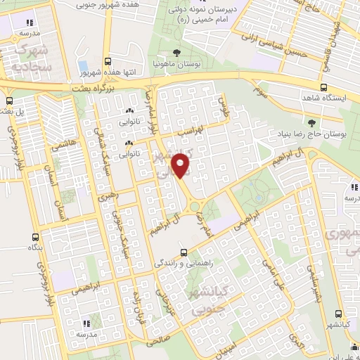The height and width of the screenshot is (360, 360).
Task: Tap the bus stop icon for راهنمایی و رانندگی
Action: point(184,252)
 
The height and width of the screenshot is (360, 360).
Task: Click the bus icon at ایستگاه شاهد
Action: point(324,88)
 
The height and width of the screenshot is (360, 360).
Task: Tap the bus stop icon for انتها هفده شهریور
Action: point(107,61)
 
